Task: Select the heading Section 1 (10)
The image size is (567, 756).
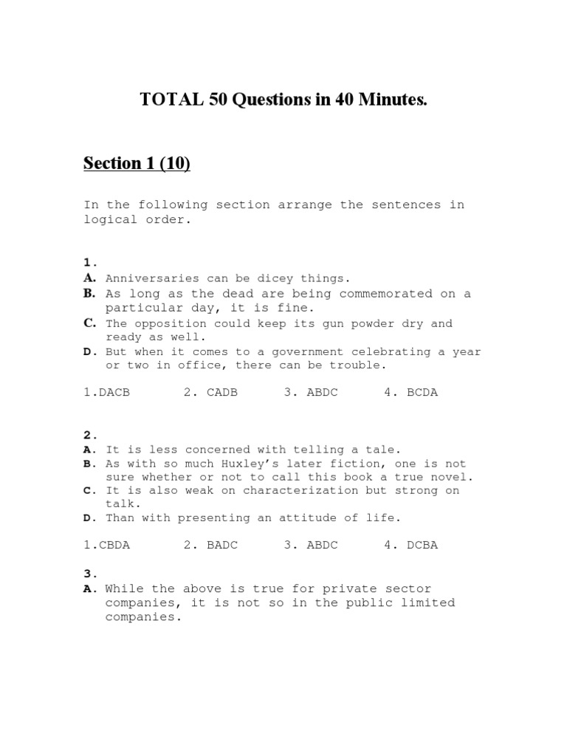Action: coord(137,163)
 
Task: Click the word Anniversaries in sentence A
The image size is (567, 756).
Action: coord(152,278)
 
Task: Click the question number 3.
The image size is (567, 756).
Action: coord(89,574)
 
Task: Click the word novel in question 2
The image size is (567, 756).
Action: coord(455,477)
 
